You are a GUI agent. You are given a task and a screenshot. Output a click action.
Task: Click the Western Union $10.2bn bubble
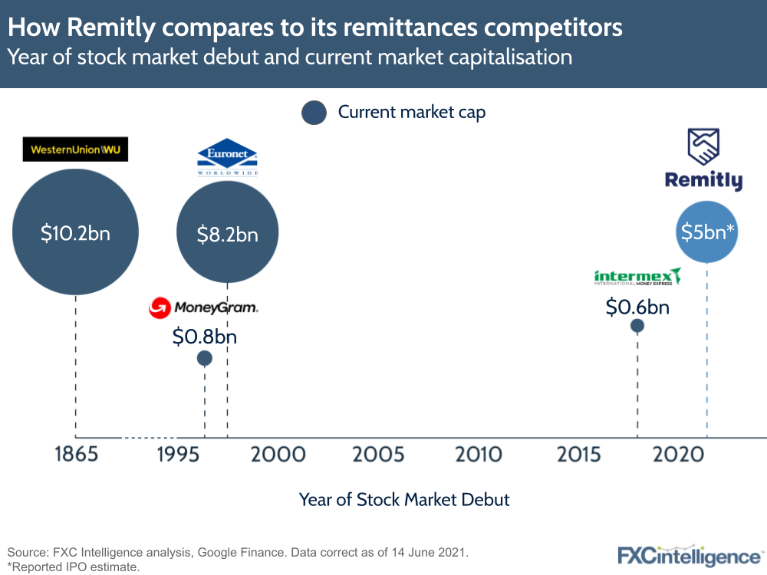(75, 232)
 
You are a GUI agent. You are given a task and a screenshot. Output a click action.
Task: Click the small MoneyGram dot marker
(204, 358)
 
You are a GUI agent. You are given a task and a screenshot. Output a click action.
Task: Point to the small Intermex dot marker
(637, 326)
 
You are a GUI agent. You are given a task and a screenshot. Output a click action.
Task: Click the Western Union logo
(75, 149)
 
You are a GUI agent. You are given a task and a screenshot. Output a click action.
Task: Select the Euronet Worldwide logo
(227, 158)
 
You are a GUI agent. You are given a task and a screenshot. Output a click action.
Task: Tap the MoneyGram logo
(204, 308)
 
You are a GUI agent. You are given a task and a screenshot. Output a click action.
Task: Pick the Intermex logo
(637, 277)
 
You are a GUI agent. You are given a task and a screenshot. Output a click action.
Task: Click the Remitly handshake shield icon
(703, 147)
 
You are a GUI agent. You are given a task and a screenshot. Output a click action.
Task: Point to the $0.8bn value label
(204, 336)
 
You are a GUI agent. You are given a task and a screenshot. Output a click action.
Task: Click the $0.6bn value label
(637, 307)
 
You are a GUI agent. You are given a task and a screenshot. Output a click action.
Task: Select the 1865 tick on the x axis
(76, 454)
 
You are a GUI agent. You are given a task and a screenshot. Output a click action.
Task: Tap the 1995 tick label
(178, 454)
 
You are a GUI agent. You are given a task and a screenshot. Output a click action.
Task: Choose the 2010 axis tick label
(479, 454)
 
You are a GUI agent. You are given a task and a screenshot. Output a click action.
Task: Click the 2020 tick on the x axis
(678, 454)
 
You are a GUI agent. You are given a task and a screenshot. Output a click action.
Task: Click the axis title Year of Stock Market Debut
(404, 500)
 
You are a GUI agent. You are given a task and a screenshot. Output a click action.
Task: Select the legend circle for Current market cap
(314, 113)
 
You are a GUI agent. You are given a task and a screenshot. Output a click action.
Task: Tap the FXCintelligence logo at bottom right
(690, 556)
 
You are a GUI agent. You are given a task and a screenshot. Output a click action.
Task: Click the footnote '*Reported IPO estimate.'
(73, 567)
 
